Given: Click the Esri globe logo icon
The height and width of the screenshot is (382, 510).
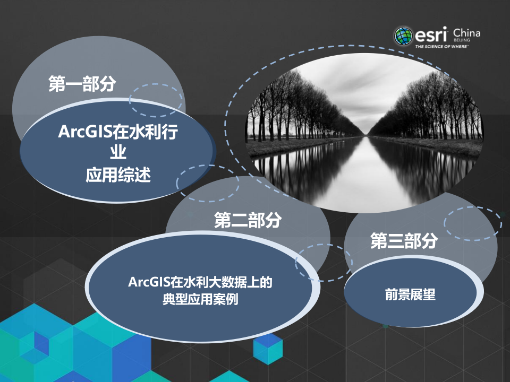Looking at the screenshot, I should pyautogui.click(x=403, y=36).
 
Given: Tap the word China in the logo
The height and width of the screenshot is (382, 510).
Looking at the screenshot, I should pyautogui.click(x=467, y=33).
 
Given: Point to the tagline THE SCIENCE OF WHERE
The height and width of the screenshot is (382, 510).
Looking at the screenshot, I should pyautogui.click(x=440, y=47).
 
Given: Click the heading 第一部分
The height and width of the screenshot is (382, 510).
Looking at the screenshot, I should pyautogui.click(x=82, y=83).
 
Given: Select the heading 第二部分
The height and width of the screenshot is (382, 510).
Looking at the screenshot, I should pyautogui.click(x=248, y=220).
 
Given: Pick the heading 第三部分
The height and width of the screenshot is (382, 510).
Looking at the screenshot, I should pyautogui.click(x=404, y=241).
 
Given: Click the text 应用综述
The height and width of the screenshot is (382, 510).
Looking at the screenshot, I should pyautogui.click(x=118, y=176).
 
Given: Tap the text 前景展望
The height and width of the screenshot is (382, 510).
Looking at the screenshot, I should pyautogui.click(x=410, y=295).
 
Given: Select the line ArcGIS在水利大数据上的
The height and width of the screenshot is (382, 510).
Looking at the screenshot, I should pyautogui.click(x=200, y=282).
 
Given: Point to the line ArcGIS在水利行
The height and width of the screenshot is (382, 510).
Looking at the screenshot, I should pyautogui.click(x=117, y=133).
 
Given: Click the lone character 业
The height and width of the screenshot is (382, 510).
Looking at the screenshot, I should pyautogui.click(x=117, y=154).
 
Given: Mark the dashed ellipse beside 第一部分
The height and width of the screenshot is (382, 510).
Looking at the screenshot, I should pyautogui.click(x=156, y=99).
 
